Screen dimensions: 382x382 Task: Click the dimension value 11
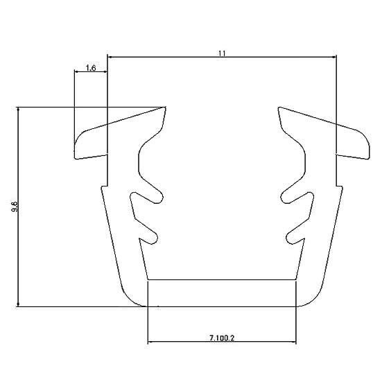tap(222, 53)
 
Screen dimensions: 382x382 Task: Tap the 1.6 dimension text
tap(91, 68)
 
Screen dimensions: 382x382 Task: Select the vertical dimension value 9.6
tap(15, 207)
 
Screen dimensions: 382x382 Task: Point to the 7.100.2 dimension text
tap(222, 338)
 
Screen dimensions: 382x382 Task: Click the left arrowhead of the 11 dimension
tap(110, 58)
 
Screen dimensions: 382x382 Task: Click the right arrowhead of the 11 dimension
tap(334, 58)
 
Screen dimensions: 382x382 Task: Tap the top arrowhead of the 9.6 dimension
tap(18, 110)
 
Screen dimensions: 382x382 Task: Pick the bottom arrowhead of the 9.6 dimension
tap(18, 304)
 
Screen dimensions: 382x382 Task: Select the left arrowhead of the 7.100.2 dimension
tap(150, 342)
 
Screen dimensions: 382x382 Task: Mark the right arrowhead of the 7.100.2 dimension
tap(293, 342)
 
